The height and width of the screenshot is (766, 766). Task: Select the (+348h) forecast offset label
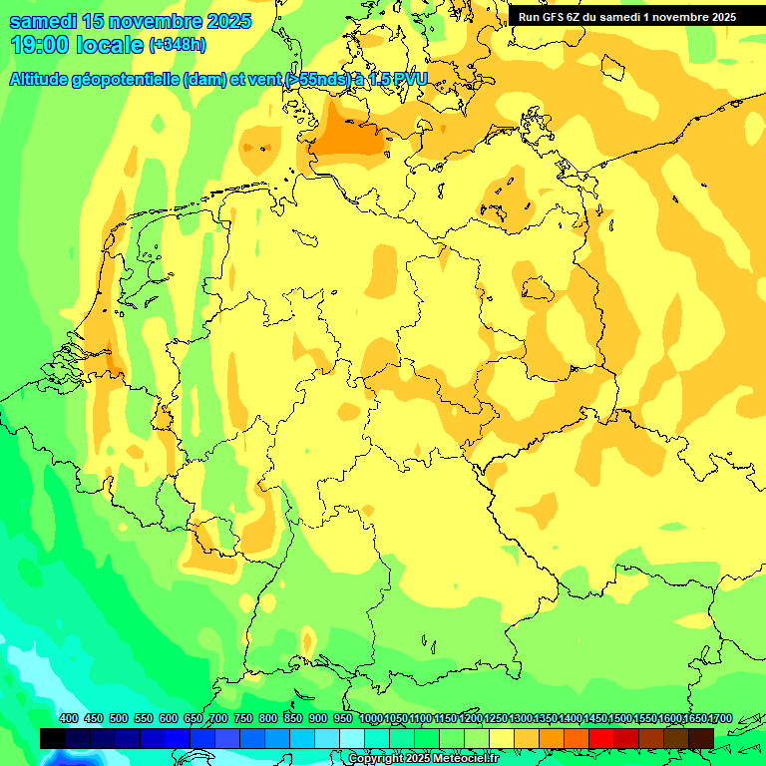tap(178, 45)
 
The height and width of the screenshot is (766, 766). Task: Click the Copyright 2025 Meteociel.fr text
tap(423, 759)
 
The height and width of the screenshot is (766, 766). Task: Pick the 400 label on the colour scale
tap(69, 719)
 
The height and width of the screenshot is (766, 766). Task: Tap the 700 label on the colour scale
tap(218, 719)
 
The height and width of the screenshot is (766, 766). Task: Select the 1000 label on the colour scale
tap(370, 719)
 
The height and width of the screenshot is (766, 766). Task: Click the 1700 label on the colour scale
tap(719, 719)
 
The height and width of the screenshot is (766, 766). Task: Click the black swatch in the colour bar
tap(53, 738)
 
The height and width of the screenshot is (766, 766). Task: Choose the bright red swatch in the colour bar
tap(600, 738)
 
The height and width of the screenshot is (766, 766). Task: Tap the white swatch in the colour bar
tap(351, 738)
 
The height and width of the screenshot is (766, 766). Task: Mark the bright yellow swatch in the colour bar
tap(501, 738)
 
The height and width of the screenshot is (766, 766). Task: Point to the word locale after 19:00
tap(110, 45)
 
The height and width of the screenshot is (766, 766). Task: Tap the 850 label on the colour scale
tap(293, 719)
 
